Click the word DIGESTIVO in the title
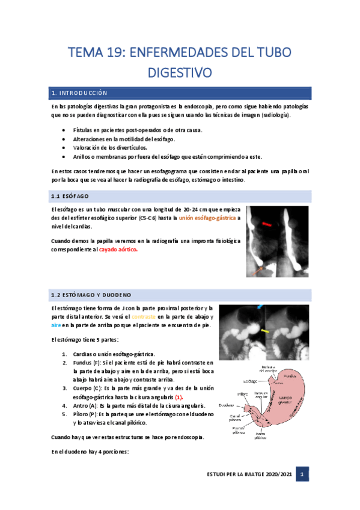180,73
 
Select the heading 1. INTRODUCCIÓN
80,93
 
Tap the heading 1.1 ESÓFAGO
69,197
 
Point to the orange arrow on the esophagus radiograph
258,270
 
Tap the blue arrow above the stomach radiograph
260,307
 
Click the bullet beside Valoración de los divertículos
64,147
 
